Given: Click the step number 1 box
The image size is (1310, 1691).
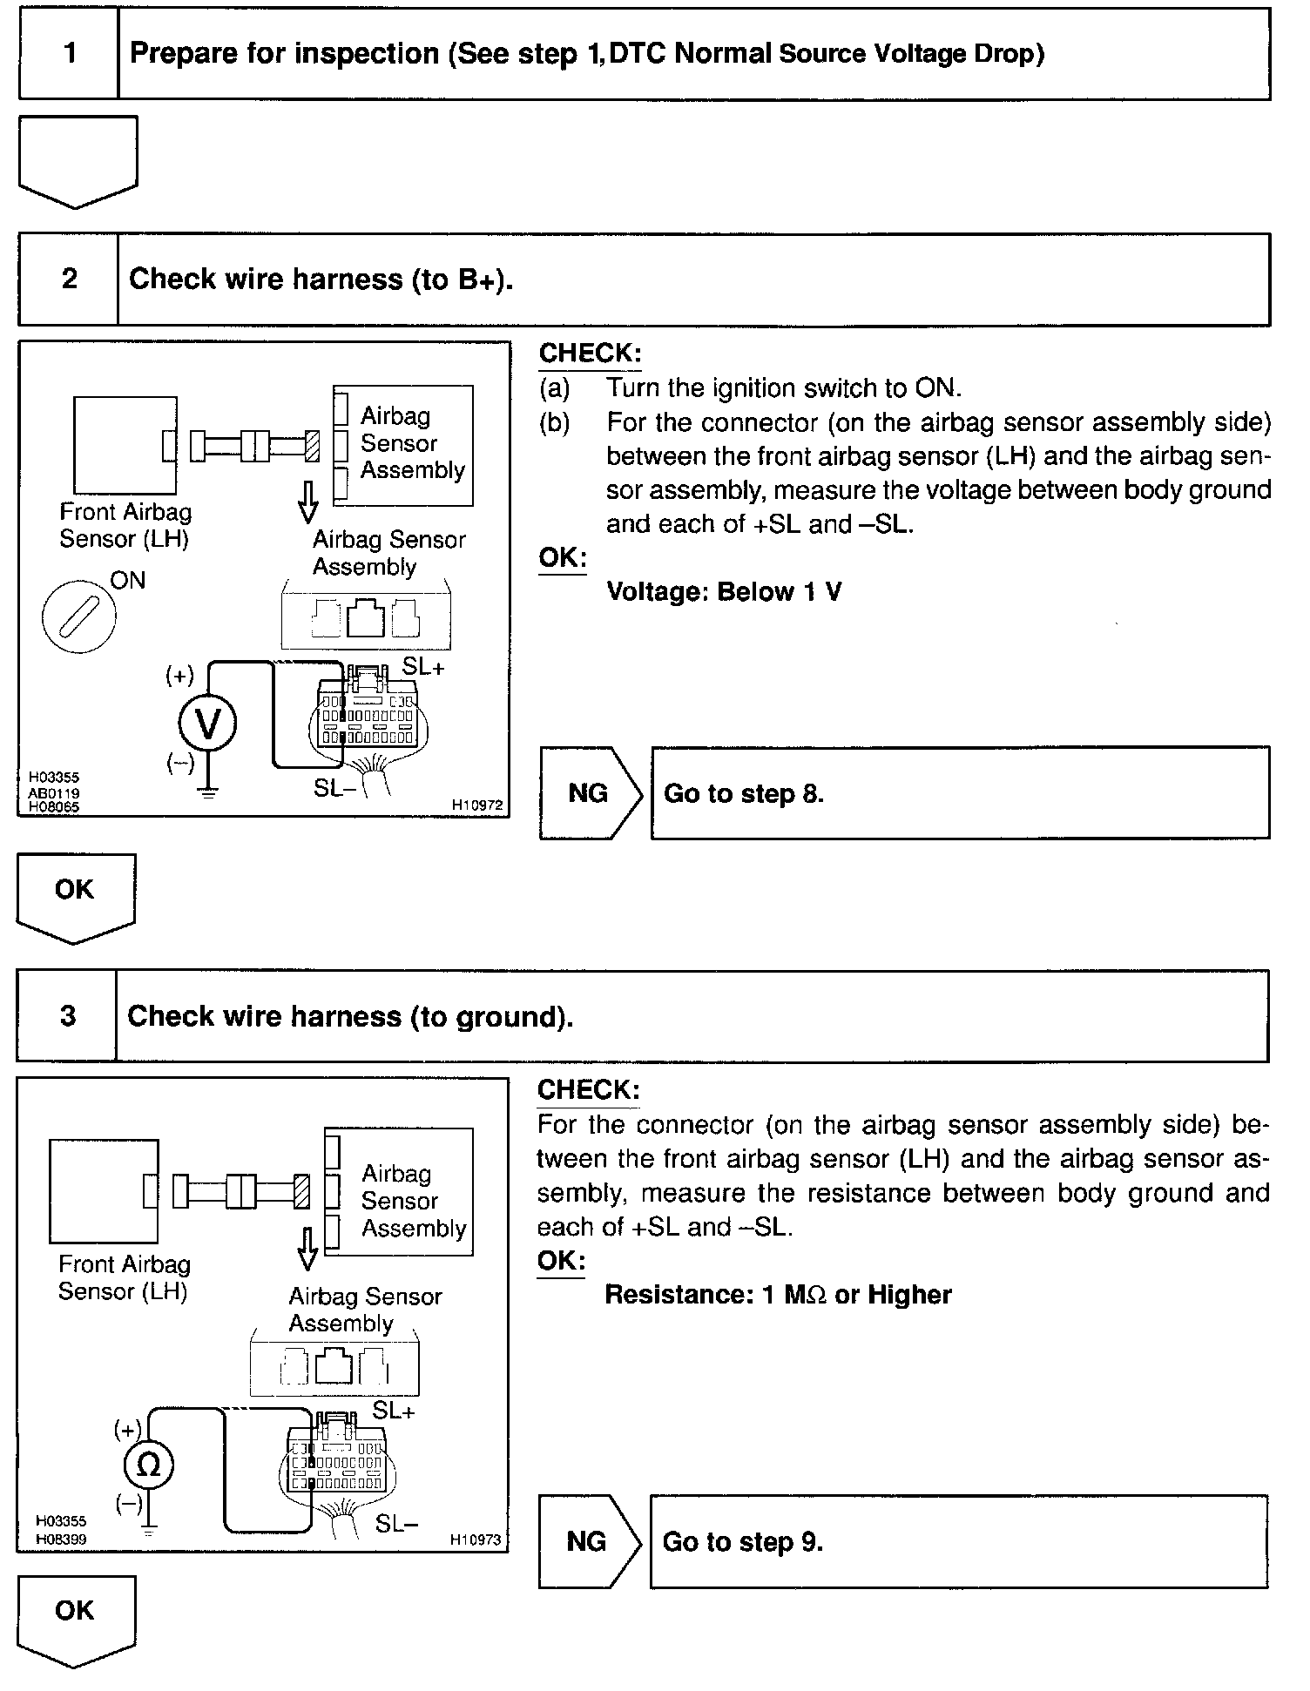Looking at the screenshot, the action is click(x=69, y=54).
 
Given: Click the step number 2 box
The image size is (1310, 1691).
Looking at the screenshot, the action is click(x=69, y=280).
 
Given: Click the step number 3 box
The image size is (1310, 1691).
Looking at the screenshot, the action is click(x=67, y=1016).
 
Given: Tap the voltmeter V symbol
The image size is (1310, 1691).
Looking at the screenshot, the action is click(x=207, y=724).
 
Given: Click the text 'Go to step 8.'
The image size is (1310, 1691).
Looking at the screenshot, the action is click(x=744, y=793).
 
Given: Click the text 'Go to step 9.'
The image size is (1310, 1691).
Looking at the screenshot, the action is click(x=743, y=1542).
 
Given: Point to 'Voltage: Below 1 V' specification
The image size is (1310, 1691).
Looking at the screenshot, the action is click(x=724, y=592).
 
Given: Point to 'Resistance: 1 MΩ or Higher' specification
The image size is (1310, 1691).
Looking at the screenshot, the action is click(x=778, y=1295).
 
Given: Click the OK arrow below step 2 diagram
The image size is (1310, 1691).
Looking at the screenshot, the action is click(x=76, y=898).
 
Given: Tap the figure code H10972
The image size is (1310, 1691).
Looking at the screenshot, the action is click(x=477, y=805).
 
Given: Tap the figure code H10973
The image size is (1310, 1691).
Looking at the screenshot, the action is click(x=476, y=1539).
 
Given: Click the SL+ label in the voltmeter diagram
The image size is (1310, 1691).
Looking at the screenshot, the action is click(x=423, y=667).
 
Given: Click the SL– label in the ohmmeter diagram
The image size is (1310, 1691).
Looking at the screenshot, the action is click(x=397, y=1523).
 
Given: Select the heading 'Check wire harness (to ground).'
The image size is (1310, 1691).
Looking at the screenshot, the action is click(x=350, y=1016).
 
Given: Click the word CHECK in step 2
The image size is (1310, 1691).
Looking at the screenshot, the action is click(x=590, y=353).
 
